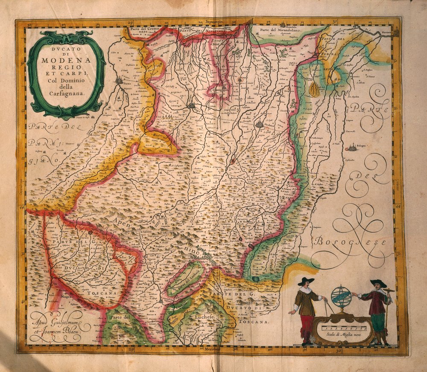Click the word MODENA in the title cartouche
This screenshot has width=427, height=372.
(x=66, y=60)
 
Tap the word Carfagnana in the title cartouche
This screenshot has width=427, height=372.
(x=66, y=91)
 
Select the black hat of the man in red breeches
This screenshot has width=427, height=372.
(x=306, y=281)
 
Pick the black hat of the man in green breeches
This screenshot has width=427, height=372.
(x=378, y=283)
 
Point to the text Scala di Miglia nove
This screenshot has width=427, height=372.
(x=344, y=336)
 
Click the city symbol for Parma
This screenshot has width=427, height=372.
(x=119, y=80)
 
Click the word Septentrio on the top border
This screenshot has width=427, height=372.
(x=214, y=21)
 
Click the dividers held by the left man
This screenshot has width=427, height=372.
(x=328, y=306)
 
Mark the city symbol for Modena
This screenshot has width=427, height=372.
(x=260, y=125)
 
